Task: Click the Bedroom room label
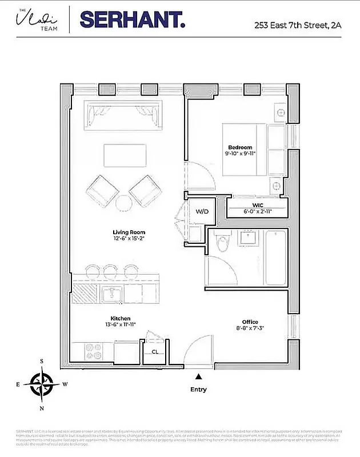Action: pyautogui.click(x=240, y=147)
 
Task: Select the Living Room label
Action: pyautogui.click(x=129, y=232)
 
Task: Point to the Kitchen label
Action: pyautogui.click(x=121, y=318)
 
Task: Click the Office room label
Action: pyautogui.click(x=250, y=322)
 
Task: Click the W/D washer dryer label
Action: pyautogui.click(x=202, y=211)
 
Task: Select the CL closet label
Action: pyautogui.click(x=154, y=352)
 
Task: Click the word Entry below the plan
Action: pyautogui.click(x=198, y=390)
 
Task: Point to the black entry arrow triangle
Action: pyautogui.click(x=198, y=376)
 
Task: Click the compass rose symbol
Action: pyautogui.click(x=42, y=384)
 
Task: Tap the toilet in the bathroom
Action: pyautogui.click(x=224, y=243)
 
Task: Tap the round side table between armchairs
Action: pyautogui.click(x=123, y=203)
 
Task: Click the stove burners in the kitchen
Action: pyautogui.click(x=92, y=350)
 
